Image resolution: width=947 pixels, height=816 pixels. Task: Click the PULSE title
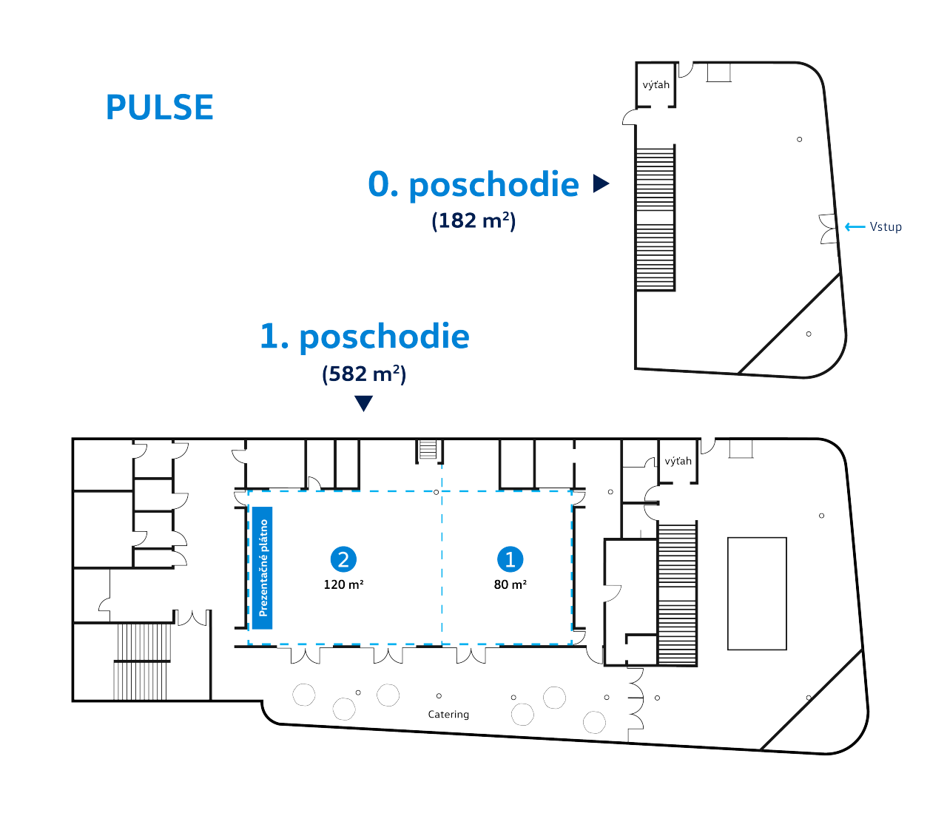coord(160,107)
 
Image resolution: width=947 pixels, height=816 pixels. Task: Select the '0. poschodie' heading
coord(473,184)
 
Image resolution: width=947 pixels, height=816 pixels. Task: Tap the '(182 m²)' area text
coord(473,221)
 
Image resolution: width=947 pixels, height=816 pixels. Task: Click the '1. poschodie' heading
coord(365,337)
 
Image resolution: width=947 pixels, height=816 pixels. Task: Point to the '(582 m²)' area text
coord(364,374)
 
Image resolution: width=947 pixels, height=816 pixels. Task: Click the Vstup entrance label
coord(886,227)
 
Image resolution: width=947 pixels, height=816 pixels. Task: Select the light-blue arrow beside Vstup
coord(855,227)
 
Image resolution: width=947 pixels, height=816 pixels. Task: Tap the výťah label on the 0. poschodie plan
coord(656,84)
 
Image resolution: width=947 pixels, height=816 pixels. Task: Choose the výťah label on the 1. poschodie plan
coord(678,461)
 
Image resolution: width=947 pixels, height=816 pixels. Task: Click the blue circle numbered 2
coord(343,559)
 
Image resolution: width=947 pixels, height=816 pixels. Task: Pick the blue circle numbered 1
coord(510,559)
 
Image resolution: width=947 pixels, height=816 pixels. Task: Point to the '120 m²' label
coord(343,584)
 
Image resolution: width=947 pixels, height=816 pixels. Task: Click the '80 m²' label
coord(510,584)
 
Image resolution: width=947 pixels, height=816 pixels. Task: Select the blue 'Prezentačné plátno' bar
coord(263,567)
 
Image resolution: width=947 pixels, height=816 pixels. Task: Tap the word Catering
coord(448,715)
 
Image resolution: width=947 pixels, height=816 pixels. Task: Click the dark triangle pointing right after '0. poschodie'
coord(601,183)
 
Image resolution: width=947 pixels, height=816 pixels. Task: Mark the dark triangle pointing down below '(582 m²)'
coord(364,404)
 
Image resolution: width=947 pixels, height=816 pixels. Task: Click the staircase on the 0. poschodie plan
coord(656,218)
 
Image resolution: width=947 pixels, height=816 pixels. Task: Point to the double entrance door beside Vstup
coord(828,229)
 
